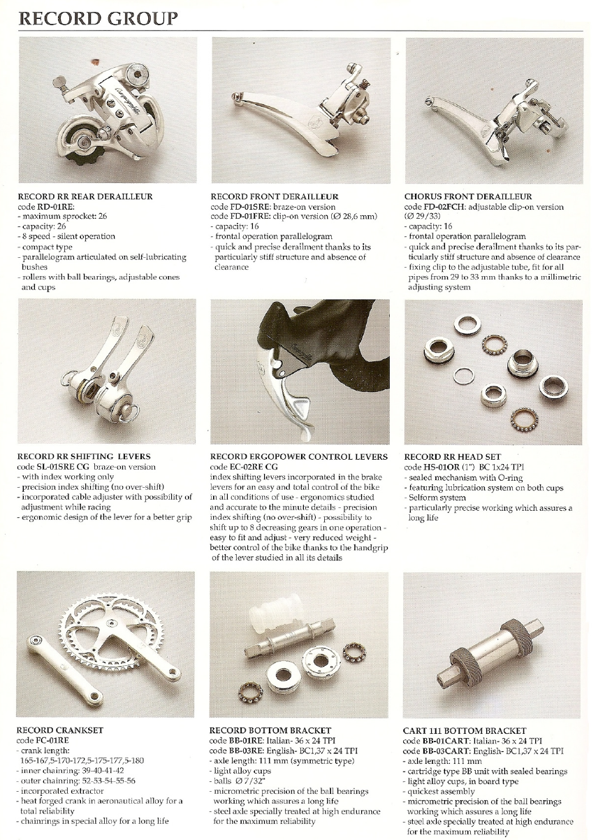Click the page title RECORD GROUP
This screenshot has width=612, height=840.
pos(98,19)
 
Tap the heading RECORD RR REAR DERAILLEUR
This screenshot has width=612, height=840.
pos(85,196)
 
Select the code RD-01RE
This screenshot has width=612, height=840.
pos(54,207)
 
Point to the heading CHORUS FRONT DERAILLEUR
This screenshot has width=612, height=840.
pos(468,196)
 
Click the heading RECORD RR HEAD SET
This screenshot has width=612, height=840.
pos(453,457)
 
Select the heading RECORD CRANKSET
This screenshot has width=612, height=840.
pos(59,730)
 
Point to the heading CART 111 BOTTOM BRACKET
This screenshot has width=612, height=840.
pos(465,730)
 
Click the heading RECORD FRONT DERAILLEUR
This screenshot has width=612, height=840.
pos(275,196)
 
